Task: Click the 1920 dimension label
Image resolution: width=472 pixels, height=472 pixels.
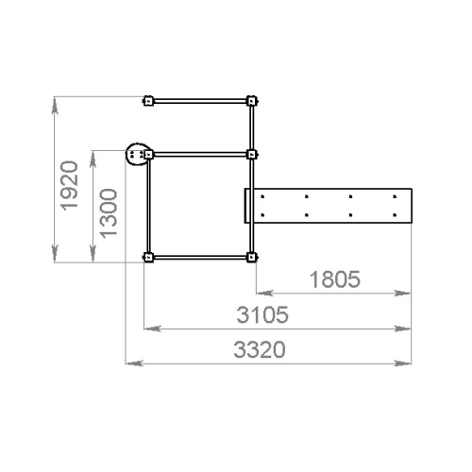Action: [69, 186]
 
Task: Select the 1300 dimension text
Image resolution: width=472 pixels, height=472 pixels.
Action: [109, 213]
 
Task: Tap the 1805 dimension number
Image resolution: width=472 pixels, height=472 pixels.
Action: [335, 279]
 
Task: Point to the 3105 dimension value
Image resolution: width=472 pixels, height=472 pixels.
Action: [262, 314]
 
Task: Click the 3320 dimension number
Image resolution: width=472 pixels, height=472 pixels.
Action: [260, 349]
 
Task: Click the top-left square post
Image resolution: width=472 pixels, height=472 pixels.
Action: [148, 101]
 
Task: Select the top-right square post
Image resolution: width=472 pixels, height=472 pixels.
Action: [251, 101]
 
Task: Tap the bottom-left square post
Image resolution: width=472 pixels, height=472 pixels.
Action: [148, 258]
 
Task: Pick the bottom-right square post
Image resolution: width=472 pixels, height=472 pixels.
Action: [251, 258]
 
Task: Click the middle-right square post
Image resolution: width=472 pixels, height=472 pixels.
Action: [251, 155]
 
